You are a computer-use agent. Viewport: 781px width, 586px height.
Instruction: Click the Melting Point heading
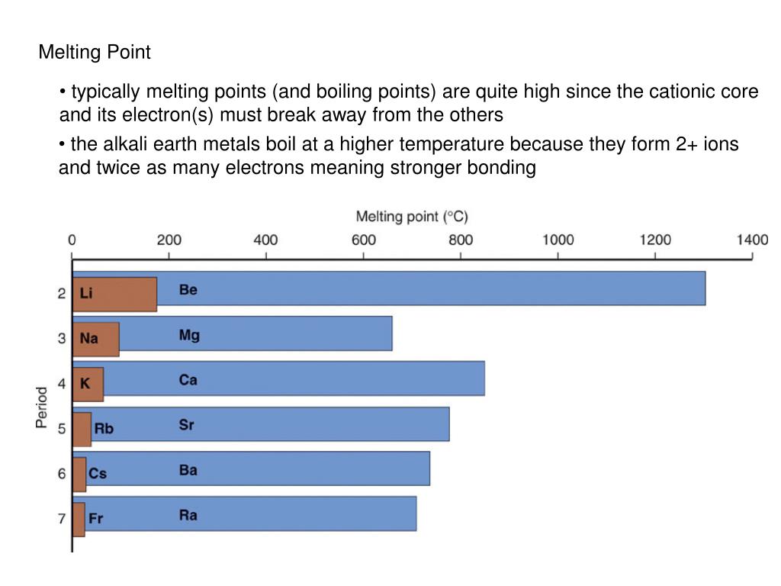tap(95, 53)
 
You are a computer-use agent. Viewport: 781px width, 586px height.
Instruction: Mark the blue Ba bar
tap(305, 468)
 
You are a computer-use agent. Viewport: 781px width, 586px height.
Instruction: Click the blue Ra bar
tap(305, 514)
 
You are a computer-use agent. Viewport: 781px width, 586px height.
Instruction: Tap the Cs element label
tap(98, 474)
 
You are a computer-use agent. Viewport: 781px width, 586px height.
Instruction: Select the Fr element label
tap(96, 519)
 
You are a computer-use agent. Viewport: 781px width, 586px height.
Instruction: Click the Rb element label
tap(104, 429)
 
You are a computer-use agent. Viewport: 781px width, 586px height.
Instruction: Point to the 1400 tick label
tap(752, 240)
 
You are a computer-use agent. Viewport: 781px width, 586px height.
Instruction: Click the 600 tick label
tap(364, 240)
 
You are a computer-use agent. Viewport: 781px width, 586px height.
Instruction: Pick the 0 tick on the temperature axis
tap(72, 240)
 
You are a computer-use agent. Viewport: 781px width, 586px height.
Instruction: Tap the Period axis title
tap(42, 407)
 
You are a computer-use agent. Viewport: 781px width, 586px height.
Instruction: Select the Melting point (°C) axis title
tap(412, 217)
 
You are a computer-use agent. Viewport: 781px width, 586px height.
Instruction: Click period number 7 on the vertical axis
tap(62, 520)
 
